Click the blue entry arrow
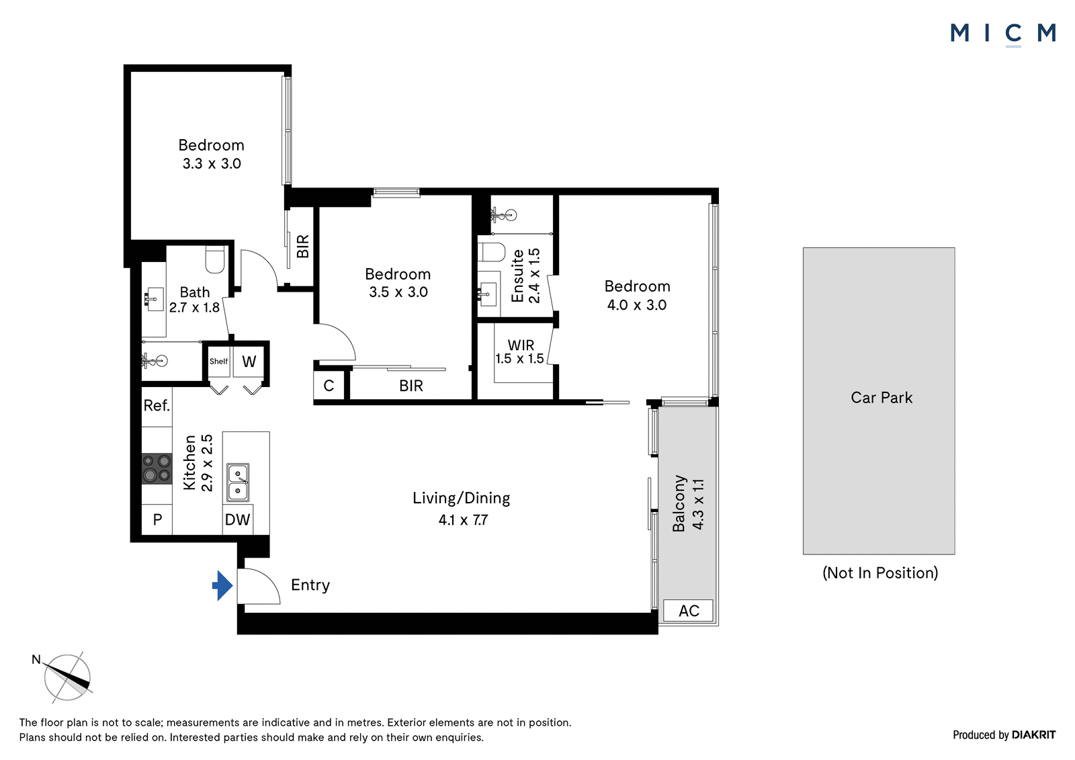tap(222, 586)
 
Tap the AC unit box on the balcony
tap(688, 611)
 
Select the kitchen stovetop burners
tap(157, 468)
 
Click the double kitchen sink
tap(238, 482)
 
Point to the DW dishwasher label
tap(238, 519)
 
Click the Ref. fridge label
tap(157, 406)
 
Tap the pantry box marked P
tap(157, 519)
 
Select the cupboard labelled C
tap(329, 386)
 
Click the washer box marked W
tap(249, 361)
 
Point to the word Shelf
tap(218, 362)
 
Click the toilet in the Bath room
tap(215, 260)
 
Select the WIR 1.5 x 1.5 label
tap(520, 352)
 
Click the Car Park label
tap(881, 398)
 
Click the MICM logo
tap(1003, 34)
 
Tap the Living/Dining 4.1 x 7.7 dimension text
tap(463, 520)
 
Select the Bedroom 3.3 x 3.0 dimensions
tap(212, 164)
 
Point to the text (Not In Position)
tap(880, 573)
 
